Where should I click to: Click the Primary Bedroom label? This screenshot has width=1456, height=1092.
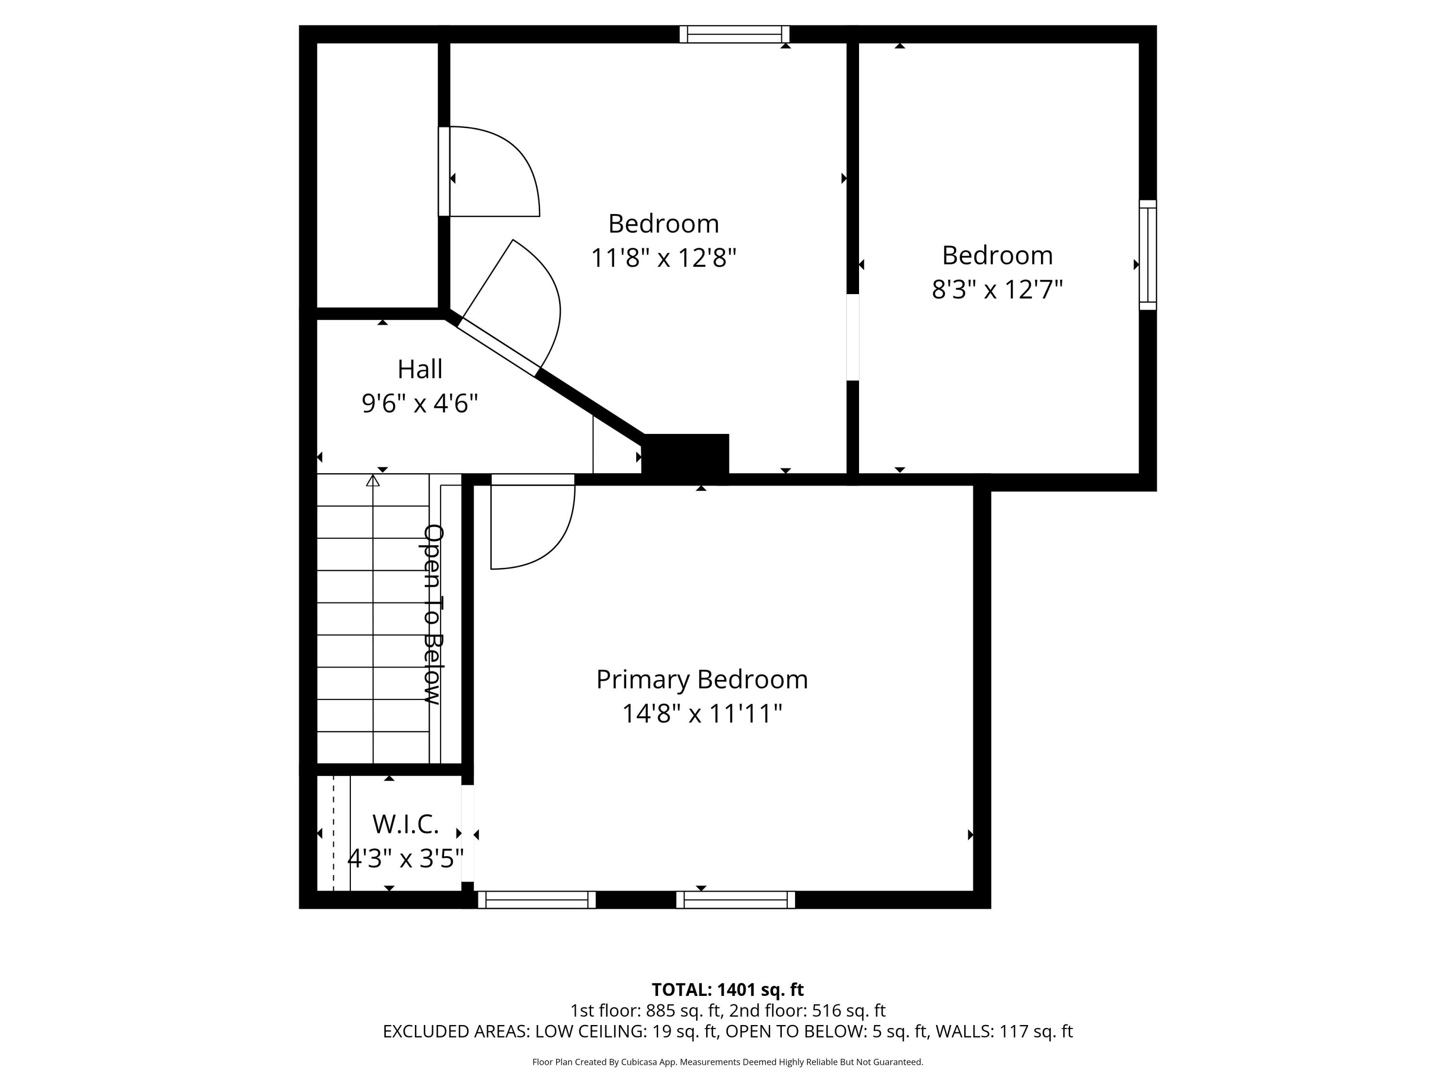(x=702, y=679)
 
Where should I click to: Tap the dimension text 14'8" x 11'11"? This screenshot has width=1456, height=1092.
(x=702, y=713)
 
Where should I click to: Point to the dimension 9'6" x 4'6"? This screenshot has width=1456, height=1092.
(x=420, y=403)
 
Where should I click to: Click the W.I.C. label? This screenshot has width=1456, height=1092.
(x=405, y=824)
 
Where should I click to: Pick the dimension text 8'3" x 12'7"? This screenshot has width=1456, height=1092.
(x=997, y=289)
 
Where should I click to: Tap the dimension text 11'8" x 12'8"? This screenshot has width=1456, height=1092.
(x=663, y=257)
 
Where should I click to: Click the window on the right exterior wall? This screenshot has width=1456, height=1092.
(x=1147, y=255)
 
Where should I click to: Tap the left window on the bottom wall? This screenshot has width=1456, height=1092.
(x=536, y=900)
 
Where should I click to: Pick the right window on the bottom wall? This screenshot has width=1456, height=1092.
(x=735, y=900)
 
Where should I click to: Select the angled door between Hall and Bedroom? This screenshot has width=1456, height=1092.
(x=498, y=347)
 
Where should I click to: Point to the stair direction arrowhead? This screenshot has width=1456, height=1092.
(x=373, y=481)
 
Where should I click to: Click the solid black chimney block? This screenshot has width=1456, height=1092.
(x=685, y=454)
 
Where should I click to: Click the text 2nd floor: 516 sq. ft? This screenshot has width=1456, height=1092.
(x=807, y=1010)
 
